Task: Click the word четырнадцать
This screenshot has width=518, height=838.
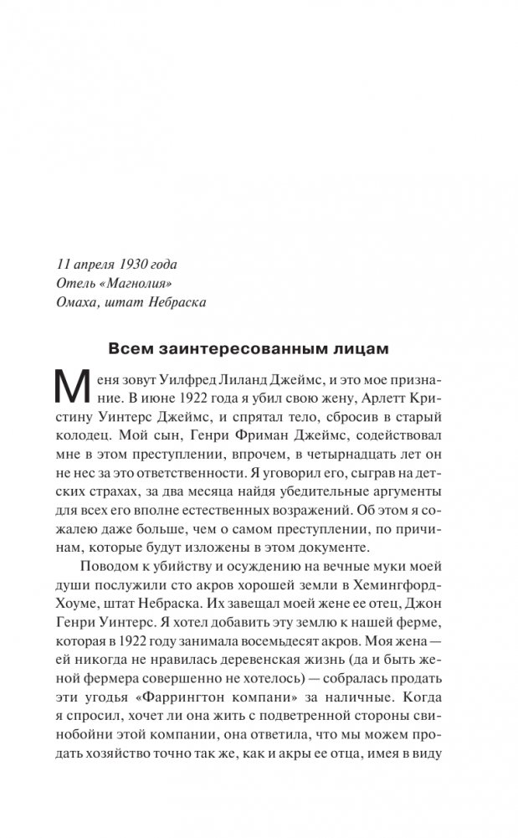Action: pyautogui.click(x=345, y=465)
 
